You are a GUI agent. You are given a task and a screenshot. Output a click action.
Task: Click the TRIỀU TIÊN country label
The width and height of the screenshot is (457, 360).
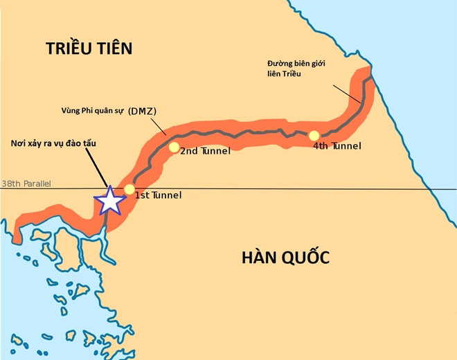(89, 48)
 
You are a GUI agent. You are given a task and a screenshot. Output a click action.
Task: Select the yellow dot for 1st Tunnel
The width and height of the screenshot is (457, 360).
(129, 190)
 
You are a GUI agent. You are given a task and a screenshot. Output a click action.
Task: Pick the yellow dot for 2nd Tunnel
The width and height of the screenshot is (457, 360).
(174, 147)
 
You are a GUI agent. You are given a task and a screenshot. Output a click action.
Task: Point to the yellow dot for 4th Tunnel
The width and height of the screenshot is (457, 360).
(314, 136)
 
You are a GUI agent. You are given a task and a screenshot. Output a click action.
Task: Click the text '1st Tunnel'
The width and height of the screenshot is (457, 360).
(158, 195)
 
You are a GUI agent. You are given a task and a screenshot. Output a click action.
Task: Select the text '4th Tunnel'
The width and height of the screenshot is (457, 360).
(337, 146)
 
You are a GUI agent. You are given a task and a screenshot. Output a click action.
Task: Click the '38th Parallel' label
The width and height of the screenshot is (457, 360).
(26, 184)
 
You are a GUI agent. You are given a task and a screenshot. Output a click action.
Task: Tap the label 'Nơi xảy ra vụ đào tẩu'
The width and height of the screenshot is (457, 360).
(54, 143)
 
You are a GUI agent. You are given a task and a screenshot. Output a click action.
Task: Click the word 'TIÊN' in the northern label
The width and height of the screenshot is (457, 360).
(112, 48)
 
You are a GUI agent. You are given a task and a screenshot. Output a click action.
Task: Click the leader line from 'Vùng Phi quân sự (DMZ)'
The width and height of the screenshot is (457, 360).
(156, 125)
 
